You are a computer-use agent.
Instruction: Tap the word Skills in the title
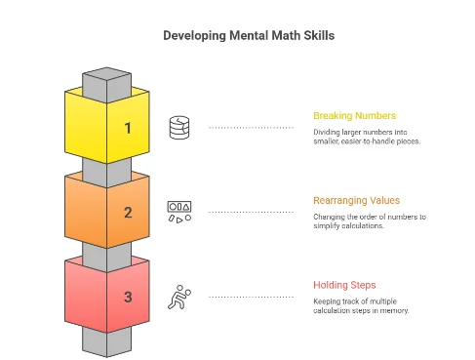point(317,36)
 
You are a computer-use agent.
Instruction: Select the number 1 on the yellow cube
point(127,127)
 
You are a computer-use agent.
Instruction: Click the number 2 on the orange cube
point(127,212)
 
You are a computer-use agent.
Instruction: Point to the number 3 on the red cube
point(127,297)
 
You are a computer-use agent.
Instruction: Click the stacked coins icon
point(179,127)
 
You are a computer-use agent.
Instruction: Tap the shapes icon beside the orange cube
point(179,211)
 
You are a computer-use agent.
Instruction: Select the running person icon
point(179,296)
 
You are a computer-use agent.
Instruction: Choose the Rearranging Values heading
point(356,200)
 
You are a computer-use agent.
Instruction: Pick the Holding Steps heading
point(344,285)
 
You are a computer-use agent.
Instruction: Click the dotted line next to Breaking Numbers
point(251,127)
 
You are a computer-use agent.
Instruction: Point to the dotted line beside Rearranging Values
point(251,211)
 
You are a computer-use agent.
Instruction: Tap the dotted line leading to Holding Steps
point(251,296)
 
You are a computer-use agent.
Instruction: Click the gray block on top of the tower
point(106,79)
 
